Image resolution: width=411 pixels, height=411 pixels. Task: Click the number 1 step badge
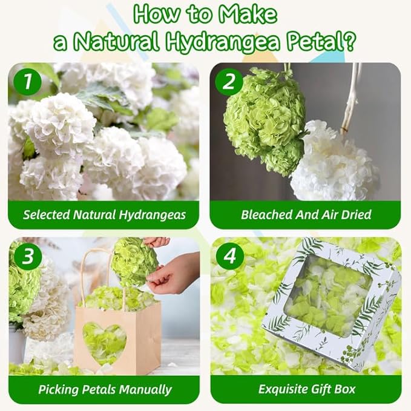point(27,81)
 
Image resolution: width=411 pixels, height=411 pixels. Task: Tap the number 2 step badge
point(229,81)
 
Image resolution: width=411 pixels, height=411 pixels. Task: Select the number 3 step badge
point(27,257)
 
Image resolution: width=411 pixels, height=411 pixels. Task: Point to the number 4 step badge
point(229,257)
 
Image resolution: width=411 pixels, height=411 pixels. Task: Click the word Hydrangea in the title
point(223,41)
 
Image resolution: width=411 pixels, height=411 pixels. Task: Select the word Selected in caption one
point(46,215)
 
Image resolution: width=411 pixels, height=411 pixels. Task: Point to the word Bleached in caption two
point(266,215)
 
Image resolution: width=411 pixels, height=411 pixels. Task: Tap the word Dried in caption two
point(356,215)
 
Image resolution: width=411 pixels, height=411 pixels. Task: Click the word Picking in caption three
point(59,390)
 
